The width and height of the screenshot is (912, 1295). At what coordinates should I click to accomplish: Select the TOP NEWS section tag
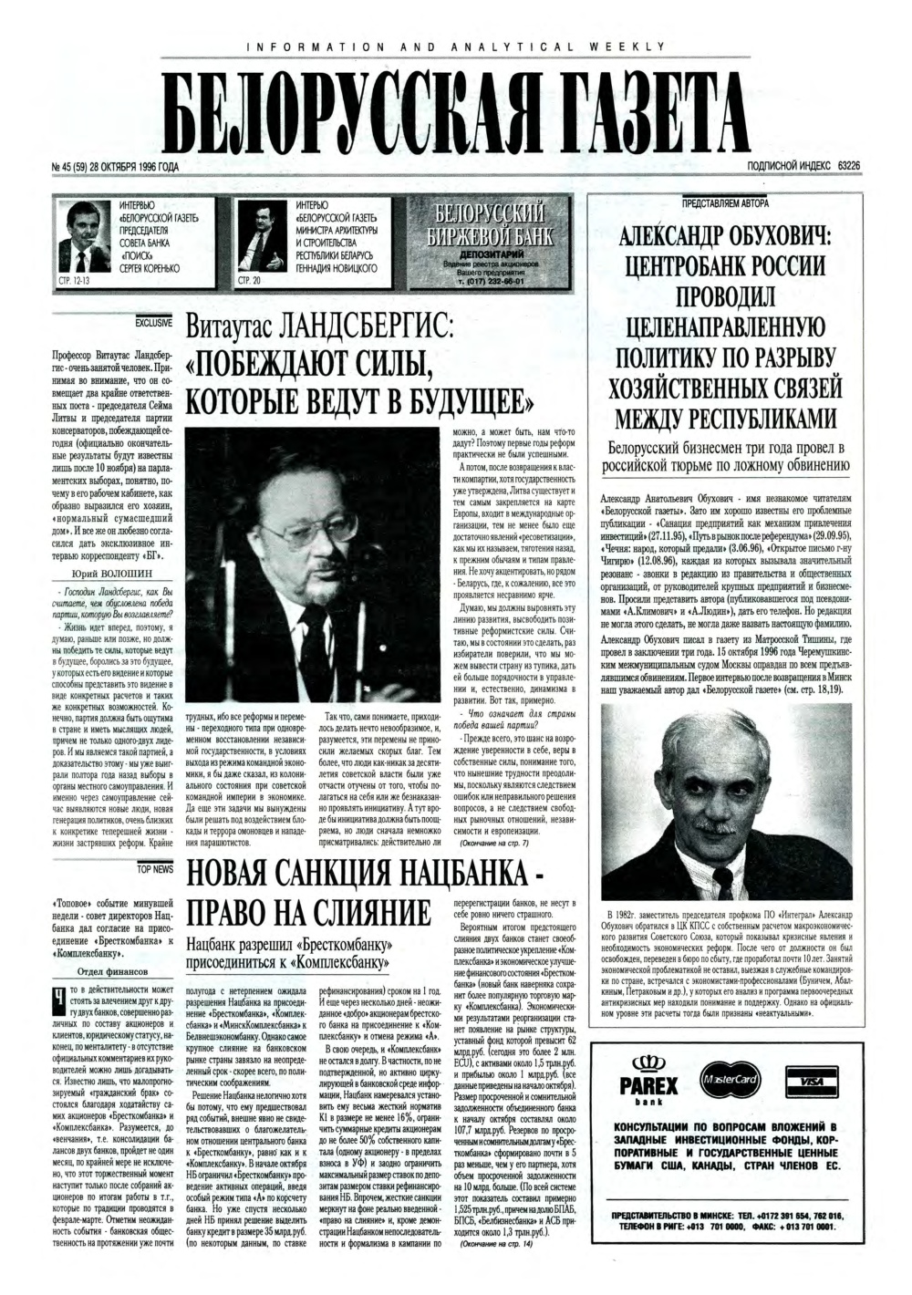pos(154,869)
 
